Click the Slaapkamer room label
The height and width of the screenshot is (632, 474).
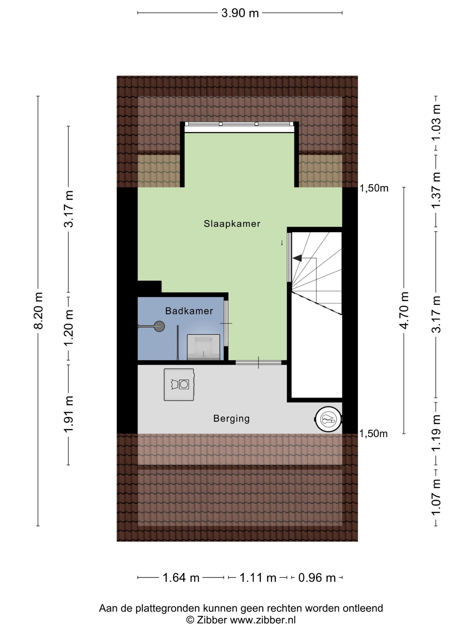pyautogui.click(x=232, y=223)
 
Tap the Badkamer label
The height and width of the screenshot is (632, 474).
pyautogui.click(x=189, y=311)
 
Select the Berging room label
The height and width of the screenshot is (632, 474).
pyautogui.click(x=231, y=418)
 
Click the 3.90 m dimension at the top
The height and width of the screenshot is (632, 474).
pyautogui.click(x=240, y=13)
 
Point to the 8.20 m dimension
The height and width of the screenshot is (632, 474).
pyautogui.click(x=38, y=311)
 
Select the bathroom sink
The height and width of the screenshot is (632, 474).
pyautogui.click(x=203, y=347)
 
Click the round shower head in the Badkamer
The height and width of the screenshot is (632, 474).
pyautogui.click(x=159, y=326)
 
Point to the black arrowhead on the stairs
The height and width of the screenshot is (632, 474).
pyautogui.click(x=297, y=258)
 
